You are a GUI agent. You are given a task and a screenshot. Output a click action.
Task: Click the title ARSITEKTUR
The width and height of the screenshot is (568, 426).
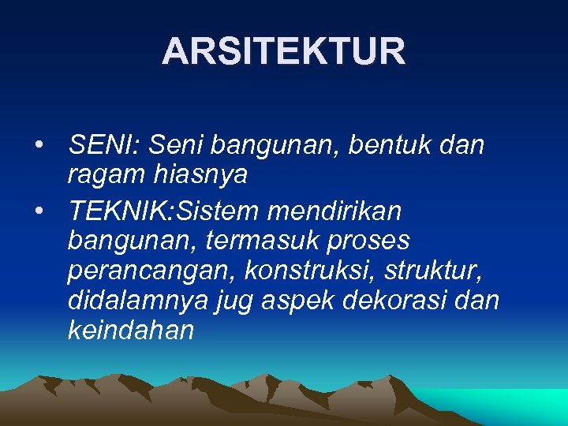point(284,52)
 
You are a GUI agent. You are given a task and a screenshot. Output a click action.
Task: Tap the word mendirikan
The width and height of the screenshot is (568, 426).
point(335,211)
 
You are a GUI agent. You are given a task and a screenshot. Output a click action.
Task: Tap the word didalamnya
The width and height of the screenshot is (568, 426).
point(138,301)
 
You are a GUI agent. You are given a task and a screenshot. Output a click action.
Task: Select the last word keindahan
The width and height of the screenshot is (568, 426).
point(131,330)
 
